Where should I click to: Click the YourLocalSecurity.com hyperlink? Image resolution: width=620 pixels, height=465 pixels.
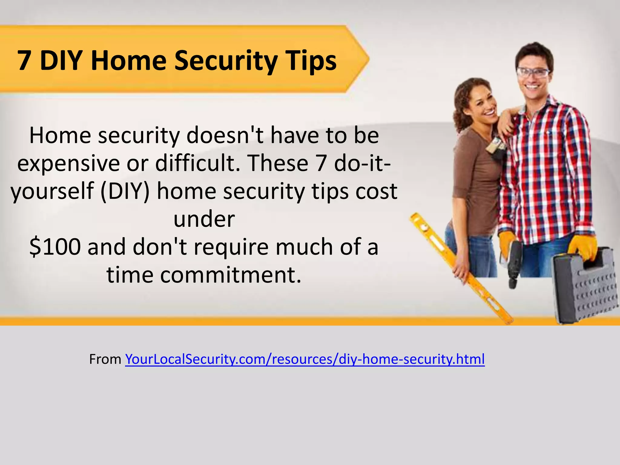coord(305,359)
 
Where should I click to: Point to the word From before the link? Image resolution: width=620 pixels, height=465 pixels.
coord(105,359)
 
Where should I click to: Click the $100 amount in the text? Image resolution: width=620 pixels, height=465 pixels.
coord(55,247)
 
